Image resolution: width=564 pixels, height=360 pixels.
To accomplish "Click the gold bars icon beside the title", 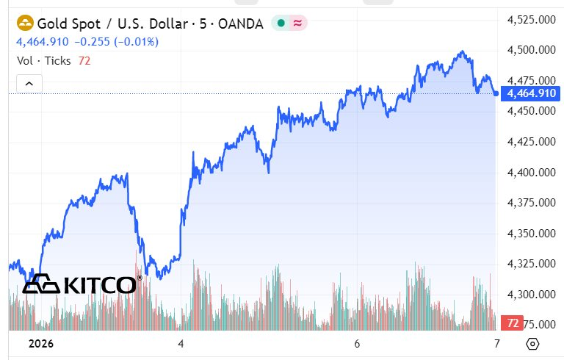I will [x=23, y=24].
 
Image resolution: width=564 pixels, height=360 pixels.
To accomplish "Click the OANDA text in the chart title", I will [x=241, y=24].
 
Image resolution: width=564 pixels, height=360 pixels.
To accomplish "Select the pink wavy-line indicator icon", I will [x=297, y=24].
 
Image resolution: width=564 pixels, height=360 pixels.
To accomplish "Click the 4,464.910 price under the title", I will [x=43, y=42].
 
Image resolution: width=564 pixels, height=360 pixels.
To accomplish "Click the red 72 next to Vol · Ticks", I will [x=84, y=60].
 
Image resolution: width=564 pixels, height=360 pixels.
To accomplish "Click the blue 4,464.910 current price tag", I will [x=531, y=93].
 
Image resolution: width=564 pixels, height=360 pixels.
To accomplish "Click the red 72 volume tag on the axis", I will [x=513, y=323].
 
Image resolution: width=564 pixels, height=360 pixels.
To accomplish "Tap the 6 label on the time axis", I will [x=357, y=343].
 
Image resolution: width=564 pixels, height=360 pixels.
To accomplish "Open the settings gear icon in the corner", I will [x=532, y=343].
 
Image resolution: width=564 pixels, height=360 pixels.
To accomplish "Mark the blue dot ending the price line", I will [x=496, y=93].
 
